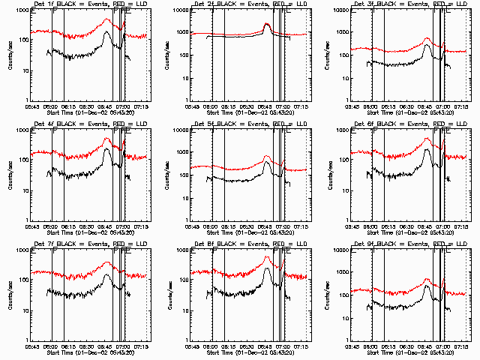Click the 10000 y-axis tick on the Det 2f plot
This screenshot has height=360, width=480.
click(x=181, y=11)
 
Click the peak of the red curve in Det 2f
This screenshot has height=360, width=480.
click(x=268, y=24)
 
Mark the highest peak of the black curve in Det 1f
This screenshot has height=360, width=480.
click(x=107, y=32)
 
